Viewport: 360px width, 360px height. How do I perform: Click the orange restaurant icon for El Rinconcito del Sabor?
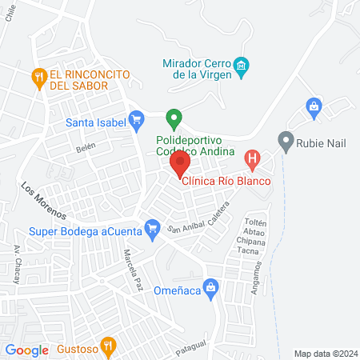tap(38, 78)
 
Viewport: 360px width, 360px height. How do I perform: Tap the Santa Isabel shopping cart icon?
tap(136, 122)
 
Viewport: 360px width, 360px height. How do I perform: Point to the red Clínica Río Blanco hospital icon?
tap(252, 159)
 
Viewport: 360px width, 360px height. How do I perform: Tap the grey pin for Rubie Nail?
tap(285, 142)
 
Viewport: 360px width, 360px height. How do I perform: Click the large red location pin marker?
tap(179, 164)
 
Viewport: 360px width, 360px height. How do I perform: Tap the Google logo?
tap(26, 350)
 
